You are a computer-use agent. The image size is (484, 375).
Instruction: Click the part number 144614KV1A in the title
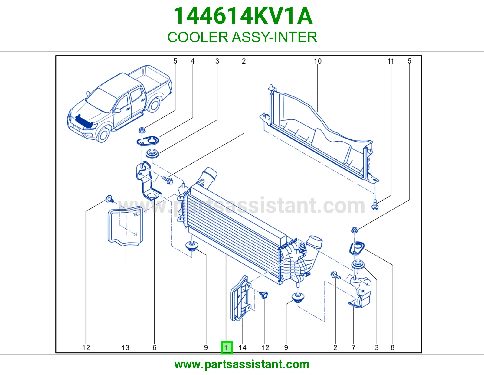(x=243, y=16)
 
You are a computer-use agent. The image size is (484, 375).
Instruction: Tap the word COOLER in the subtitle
(x=198, y=37)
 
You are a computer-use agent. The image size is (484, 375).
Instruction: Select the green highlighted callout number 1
(x=227, y=347)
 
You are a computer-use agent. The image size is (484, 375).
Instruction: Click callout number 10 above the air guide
(x=318, y=61)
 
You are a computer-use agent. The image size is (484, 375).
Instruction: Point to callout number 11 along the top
(x=391, y=61)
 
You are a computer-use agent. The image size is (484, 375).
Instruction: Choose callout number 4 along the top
(x=193, y=61)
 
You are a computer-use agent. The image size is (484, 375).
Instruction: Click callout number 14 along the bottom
(x=243, y=347)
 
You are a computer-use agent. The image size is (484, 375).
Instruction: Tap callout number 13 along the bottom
(x=125, y=347)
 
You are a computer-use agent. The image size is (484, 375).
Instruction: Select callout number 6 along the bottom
(x=155, y=347)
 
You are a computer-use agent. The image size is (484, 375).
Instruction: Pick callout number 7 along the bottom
(x=354, y=347)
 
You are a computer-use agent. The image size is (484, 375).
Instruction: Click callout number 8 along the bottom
(x=392, y=347)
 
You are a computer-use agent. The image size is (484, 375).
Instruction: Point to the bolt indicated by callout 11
(x=375, y=205)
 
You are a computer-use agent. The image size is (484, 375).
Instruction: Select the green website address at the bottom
(x=242, y=364)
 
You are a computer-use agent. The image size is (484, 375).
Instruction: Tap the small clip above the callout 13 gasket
(x=110, y=199)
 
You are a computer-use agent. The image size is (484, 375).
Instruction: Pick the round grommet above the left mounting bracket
(x=152, y=153)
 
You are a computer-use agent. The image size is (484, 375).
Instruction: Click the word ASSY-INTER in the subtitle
(x=274, y=37)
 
